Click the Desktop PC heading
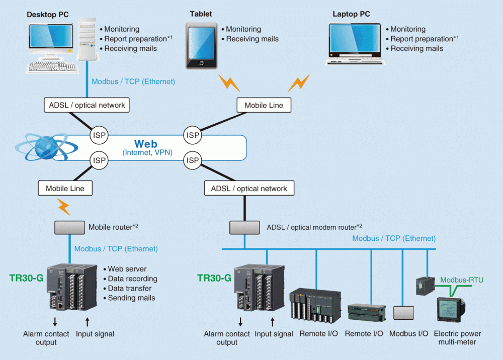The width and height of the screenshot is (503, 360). (47, 15)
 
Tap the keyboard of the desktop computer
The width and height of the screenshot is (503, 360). (52, 67)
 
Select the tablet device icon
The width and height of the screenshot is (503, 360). (202, 46)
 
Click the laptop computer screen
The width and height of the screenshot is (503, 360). (355, 38)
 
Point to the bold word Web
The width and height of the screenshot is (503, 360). (146, 144)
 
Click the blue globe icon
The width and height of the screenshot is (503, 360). (46, 147)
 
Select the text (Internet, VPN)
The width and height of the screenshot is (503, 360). (147, 152)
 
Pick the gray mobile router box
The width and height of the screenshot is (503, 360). (69, 228)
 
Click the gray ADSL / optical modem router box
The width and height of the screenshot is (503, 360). (244, 228)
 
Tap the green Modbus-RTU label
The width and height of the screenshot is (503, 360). (462, 280)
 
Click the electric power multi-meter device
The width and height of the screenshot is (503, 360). (451, 309)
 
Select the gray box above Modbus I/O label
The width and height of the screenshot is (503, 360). (403, 313)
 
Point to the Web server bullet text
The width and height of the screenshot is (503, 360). (127, 269)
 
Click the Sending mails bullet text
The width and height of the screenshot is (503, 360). (131, 298)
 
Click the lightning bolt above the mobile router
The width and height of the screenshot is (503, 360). (64, 207)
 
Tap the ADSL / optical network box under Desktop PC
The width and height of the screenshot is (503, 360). (87, 105)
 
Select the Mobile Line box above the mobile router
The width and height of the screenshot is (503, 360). (65, 188)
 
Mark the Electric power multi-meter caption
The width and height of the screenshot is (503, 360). (457, 338)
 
